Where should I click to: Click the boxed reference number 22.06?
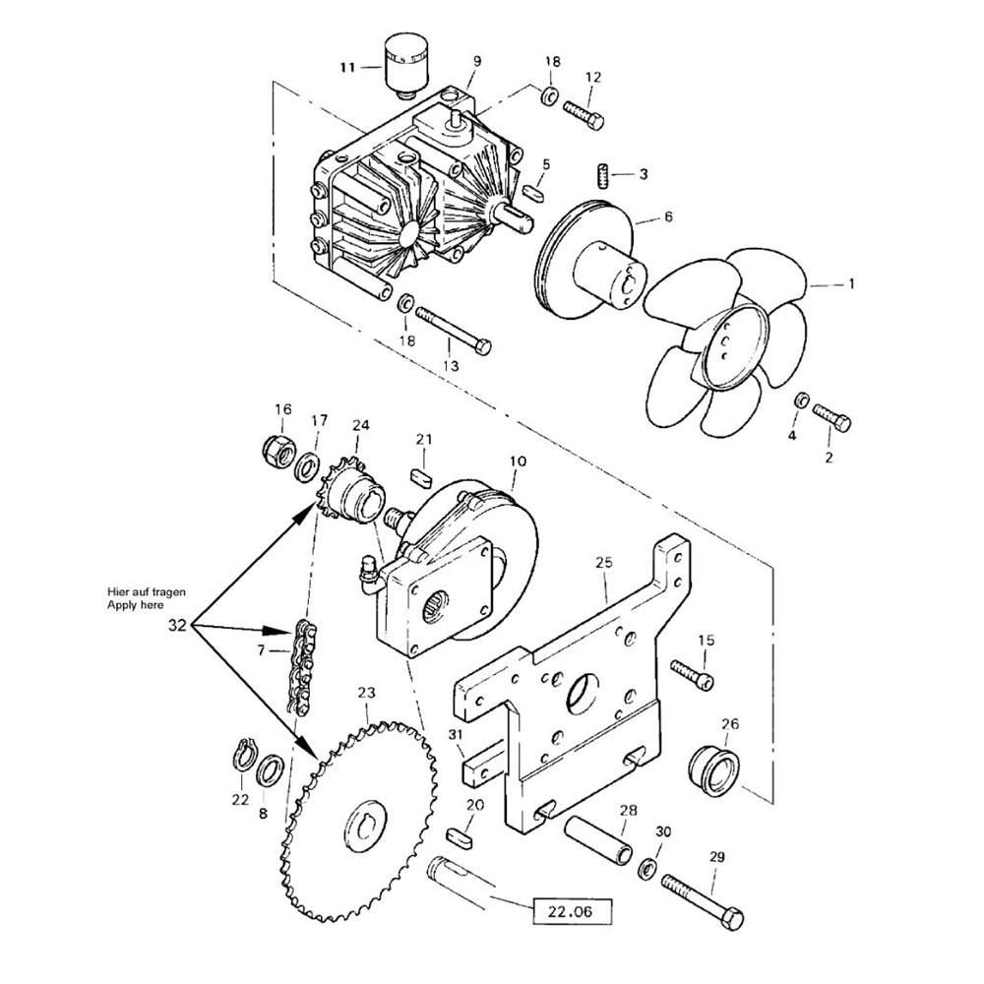(572, 912)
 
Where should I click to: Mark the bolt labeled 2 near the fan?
(832, 417)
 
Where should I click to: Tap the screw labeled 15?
(693, 674)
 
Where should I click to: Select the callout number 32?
(177, 625)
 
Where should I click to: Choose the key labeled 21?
(422, 475)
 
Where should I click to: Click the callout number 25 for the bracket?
(604, 562)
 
